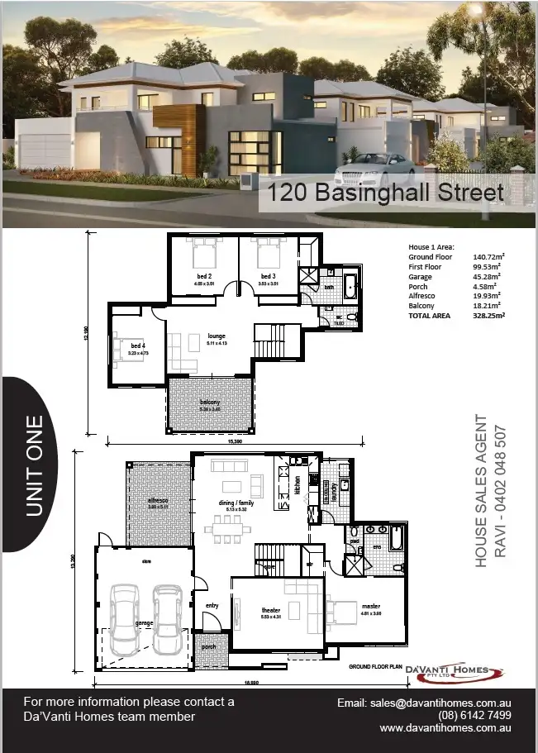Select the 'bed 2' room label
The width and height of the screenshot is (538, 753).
tap(204, 276)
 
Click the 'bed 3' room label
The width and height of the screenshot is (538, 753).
tap(267, 276)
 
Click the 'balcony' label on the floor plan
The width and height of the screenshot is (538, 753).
tap(210, 403)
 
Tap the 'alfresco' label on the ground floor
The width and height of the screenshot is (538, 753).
tap(158, 501)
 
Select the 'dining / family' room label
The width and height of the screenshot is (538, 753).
tap(235, 502)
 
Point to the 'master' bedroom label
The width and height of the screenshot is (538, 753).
tap(369, 606)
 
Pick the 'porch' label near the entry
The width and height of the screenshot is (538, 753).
tap(209, 647)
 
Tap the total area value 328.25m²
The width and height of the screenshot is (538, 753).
tap(488, 315)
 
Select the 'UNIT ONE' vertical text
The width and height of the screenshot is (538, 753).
tap(35, 469)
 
